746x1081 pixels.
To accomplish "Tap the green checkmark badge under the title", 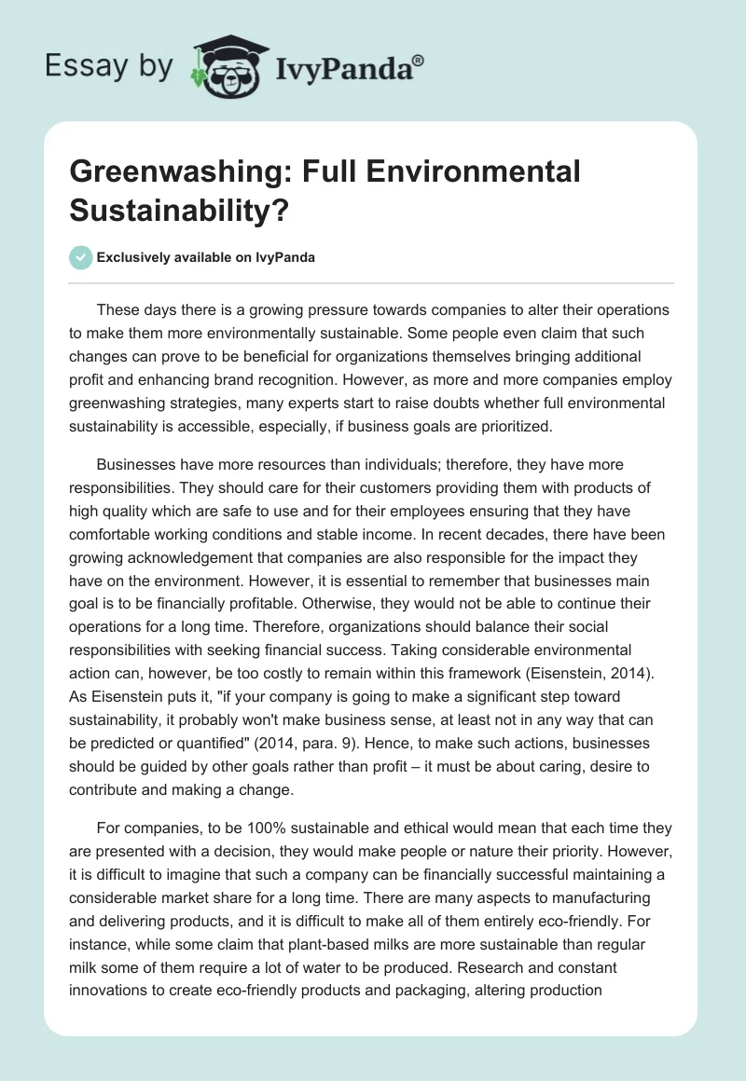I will [82, 257].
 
